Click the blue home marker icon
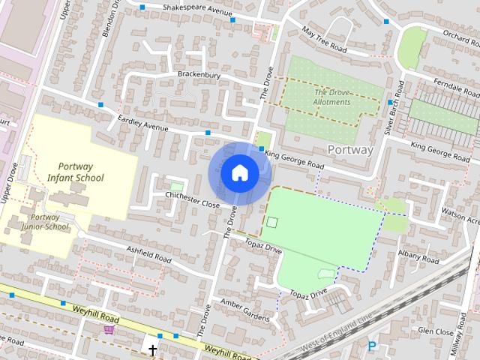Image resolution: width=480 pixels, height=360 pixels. (239, 173)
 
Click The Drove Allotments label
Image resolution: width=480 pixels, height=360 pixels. (331, 97)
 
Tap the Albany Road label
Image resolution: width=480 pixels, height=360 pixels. (418, 256)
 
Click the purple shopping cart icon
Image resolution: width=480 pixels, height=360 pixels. (109, 329)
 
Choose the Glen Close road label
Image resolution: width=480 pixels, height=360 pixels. (436, 331)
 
